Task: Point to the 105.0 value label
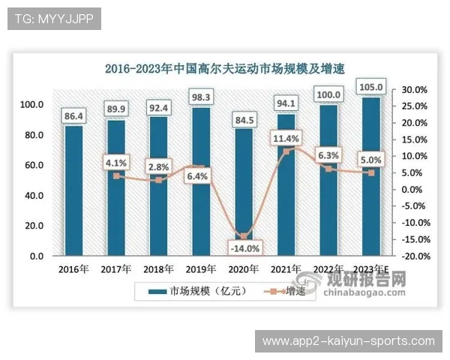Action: (x=370, y=88)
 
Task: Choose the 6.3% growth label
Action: (x=328, y=155)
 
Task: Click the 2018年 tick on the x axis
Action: (x=159, y=268)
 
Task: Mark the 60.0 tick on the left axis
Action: (x=31, y=165)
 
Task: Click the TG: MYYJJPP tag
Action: (x=54, y=19)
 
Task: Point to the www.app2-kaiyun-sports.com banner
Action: (x=348, y=341)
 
